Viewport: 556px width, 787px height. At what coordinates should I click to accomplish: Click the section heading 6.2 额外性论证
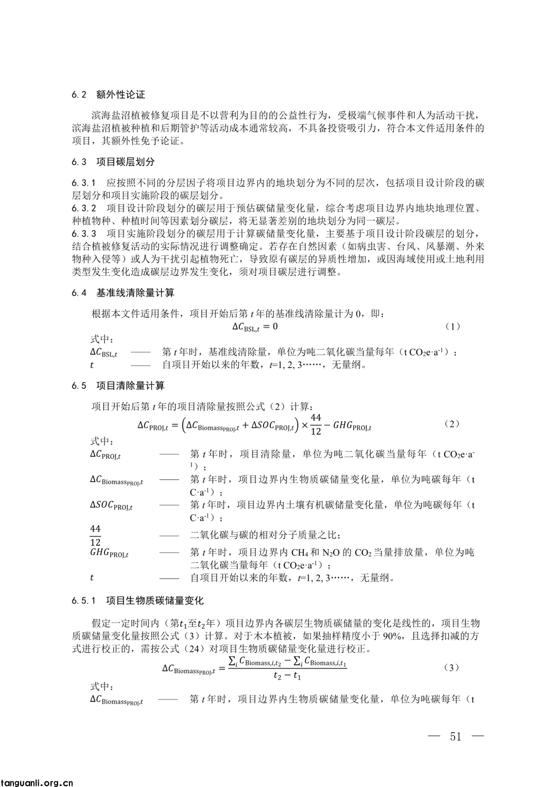109,95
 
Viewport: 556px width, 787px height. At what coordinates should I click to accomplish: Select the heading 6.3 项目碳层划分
113,162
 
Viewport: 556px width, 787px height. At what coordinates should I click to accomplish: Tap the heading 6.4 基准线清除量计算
123,293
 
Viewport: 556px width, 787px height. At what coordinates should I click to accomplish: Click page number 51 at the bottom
456,736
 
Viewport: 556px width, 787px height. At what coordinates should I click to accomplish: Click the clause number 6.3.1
84,183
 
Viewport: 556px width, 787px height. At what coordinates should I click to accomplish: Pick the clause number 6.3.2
84,208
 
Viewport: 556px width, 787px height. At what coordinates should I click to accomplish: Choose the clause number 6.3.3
84,234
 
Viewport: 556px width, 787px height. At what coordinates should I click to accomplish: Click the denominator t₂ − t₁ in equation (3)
287,676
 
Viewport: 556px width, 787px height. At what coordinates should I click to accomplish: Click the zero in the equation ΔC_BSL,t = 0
275,327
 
